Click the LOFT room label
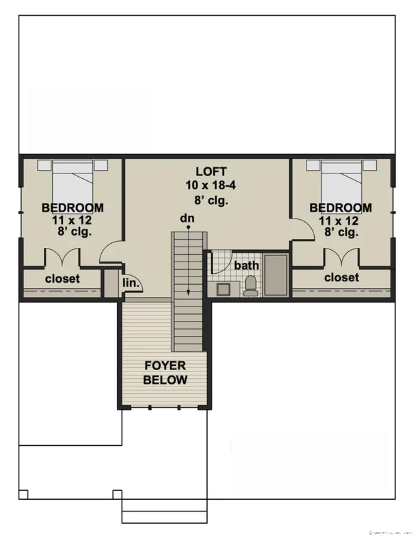click(x=211, y=172)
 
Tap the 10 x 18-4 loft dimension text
click(x=211, y=185)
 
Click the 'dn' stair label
click(x=187, y=218)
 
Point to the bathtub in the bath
click(x=276, y=275)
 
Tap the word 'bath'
click(x=247, y=266)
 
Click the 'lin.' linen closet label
click(x=131, y=283)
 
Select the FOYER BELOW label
click(x=165, y=373)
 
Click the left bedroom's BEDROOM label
click(x=73, y=208)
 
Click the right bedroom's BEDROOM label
click(x=341, y=208)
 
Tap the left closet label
click(x=62, y=279)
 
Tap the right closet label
click(x=342, y=277)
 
